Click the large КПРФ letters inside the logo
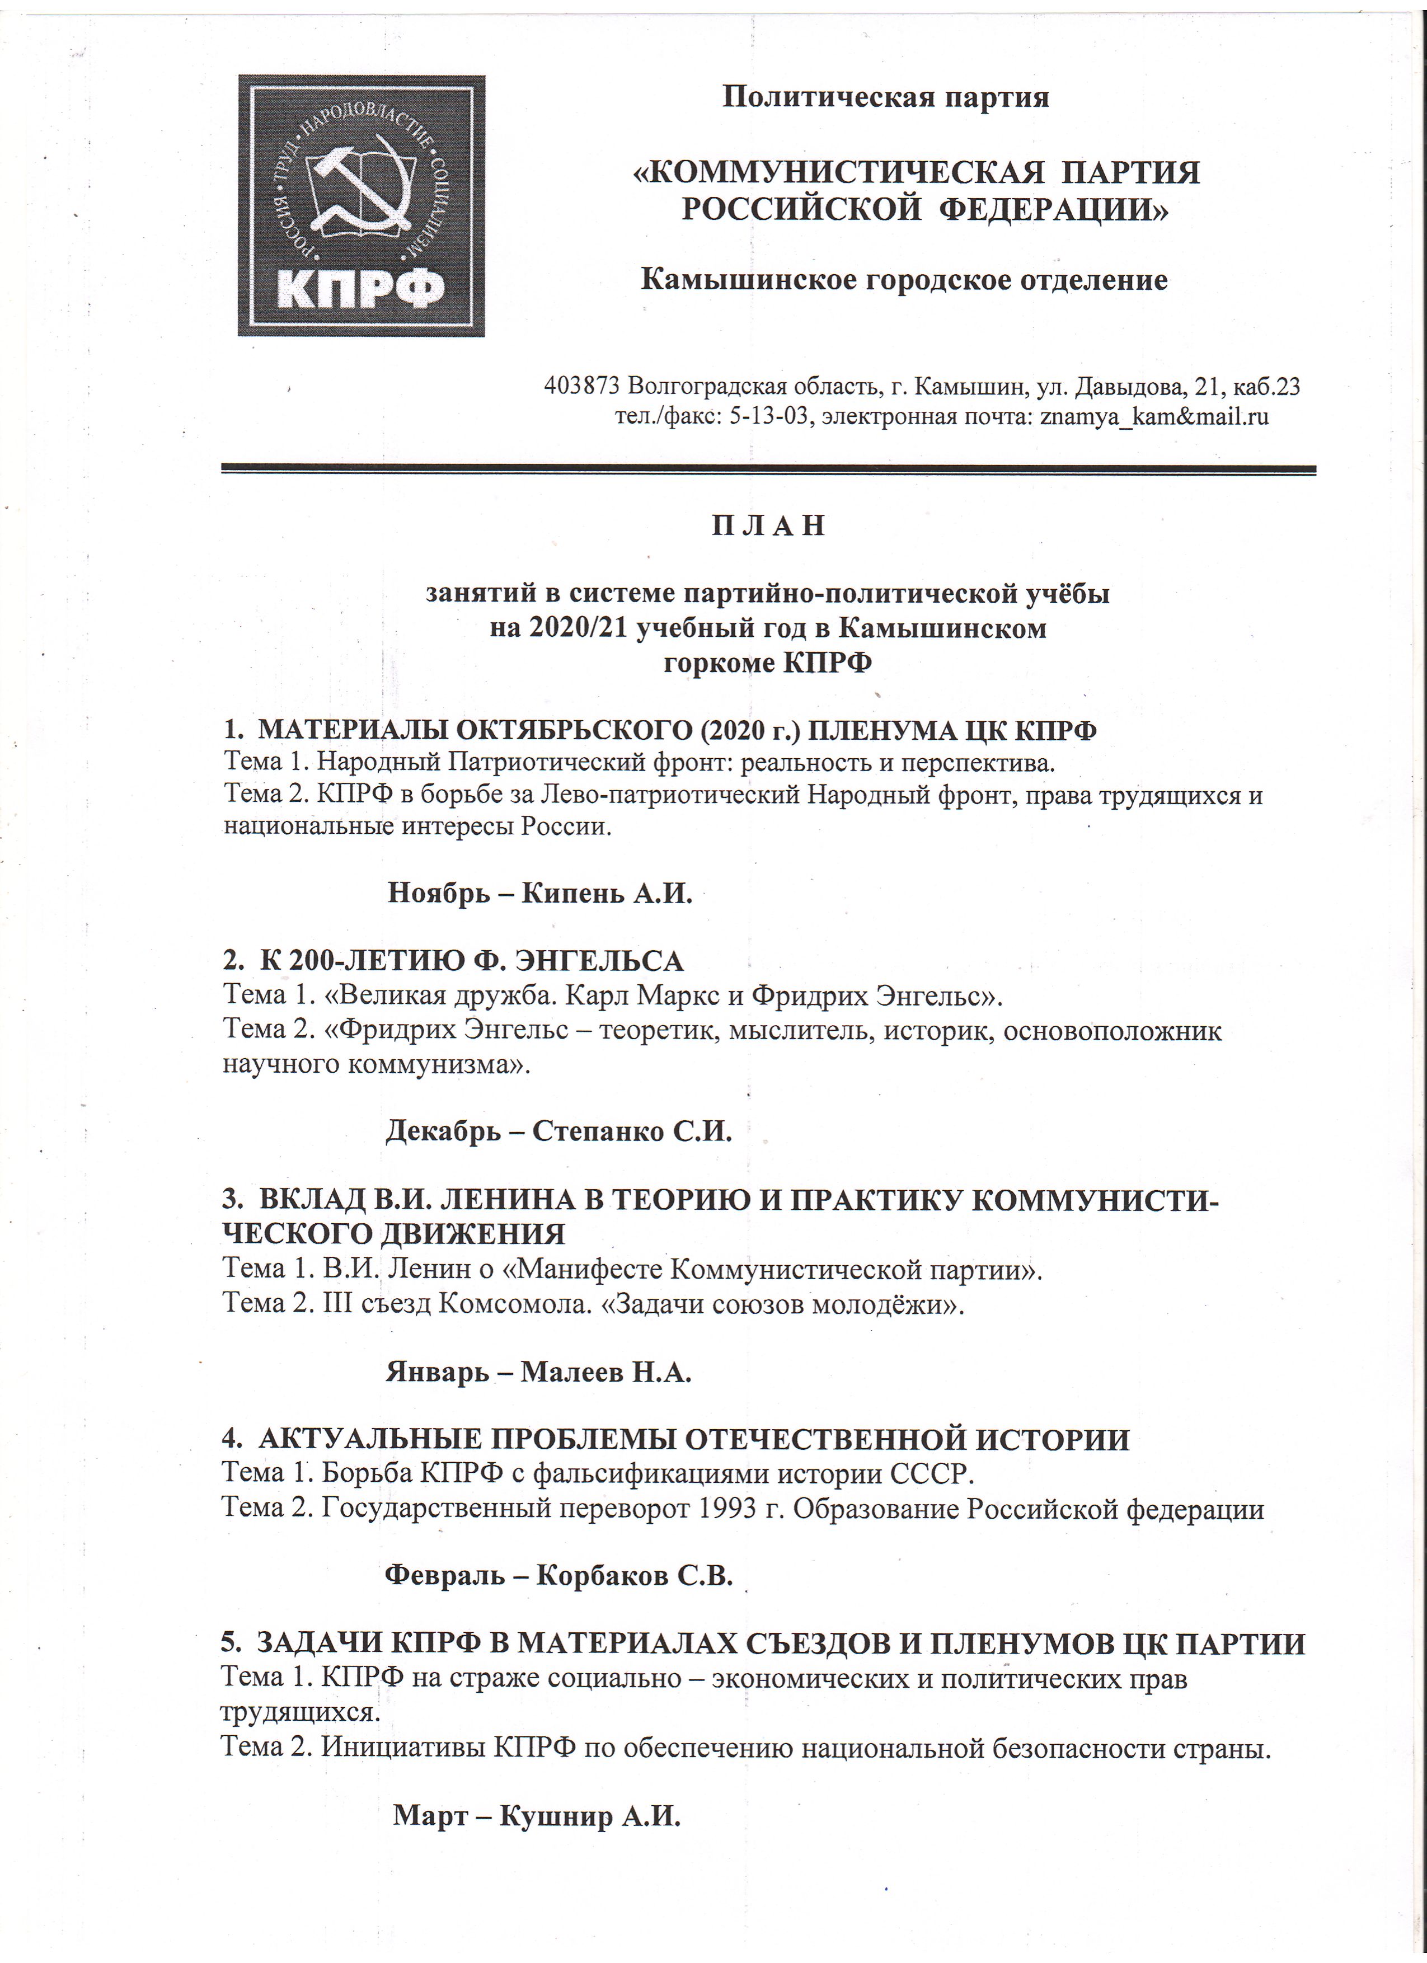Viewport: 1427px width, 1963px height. [x=362, y=288]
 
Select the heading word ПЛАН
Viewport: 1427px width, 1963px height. [x=768, y=525]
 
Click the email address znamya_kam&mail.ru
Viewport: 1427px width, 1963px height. [x=1153, y=417]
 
